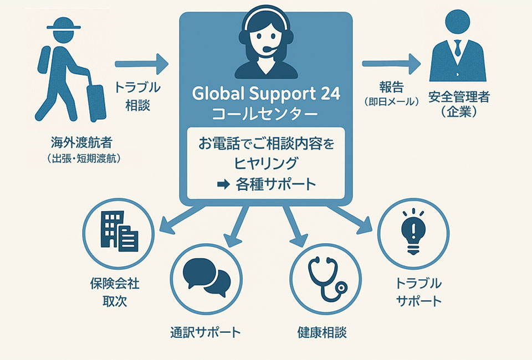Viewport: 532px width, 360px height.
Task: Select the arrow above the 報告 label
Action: (x=391, y=64)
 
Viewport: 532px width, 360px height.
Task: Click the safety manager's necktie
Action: (x=457, y=48)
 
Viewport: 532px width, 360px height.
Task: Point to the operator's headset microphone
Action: (x=270, y=49)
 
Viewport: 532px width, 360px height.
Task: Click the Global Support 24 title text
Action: (x=266, y=94)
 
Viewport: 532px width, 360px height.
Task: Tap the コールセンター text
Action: (x=265, y=114)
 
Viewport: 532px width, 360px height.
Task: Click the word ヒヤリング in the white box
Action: (x=265, y=164)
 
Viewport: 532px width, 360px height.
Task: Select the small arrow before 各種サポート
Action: (x=223, y=185)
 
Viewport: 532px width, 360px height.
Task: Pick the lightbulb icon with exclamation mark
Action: (x=413, y=232)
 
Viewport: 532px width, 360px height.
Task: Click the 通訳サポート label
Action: (x=206, y=332)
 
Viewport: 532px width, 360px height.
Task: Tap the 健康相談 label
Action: (x=322, y=332)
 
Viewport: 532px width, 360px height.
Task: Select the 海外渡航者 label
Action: (x=81, y=142)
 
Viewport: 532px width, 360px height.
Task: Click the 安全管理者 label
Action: (x=459, y=97)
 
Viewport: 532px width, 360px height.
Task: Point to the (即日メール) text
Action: (x=392, y=102)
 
